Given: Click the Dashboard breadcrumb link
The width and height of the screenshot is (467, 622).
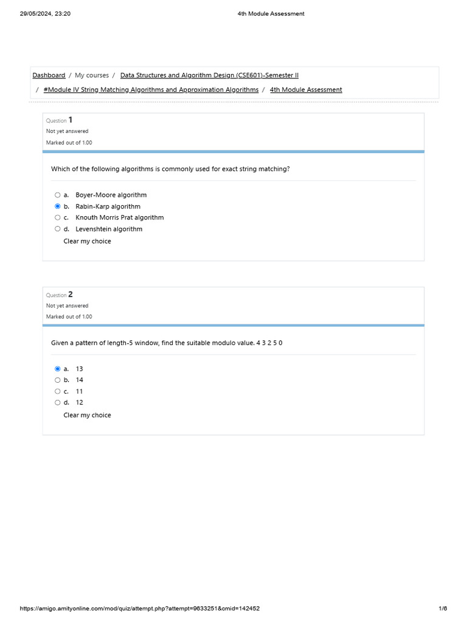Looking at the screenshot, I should pos(49,75).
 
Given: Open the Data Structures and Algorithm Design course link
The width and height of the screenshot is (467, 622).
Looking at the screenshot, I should pos(209,75).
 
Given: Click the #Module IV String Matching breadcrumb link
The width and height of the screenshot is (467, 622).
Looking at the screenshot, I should pos(151,90).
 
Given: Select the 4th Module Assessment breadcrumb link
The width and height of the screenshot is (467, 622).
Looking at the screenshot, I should pos(306,90).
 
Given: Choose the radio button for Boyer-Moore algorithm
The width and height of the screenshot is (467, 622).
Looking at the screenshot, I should pos(58,195).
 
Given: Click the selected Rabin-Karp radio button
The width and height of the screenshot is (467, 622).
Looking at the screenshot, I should pos(58,207).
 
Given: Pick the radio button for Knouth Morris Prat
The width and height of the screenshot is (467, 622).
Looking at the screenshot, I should pos(58,217).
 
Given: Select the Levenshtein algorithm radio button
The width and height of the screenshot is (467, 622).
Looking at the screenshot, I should pos(58,229).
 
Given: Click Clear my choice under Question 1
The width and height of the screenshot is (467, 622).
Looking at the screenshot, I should pos(87,241).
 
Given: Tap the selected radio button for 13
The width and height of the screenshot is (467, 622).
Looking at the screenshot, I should pos(58,369).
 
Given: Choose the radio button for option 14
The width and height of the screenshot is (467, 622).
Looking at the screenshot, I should pos(58,380).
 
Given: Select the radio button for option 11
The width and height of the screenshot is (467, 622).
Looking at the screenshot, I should pos(58,391).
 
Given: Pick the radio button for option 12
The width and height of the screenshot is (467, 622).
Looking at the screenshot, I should pos(58,402).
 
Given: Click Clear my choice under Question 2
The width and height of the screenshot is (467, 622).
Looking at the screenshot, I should pos(87,415).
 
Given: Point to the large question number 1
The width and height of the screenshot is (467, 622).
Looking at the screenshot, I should pos(71,120).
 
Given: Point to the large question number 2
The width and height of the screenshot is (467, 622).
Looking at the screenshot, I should pos(71,295).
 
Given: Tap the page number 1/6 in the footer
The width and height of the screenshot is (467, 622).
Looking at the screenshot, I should pos(443,609).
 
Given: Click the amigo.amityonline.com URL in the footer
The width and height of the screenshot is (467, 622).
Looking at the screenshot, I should pos(140,609).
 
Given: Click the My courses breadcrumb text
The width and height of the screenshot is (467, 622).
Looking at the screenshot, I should pos(92,75).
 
